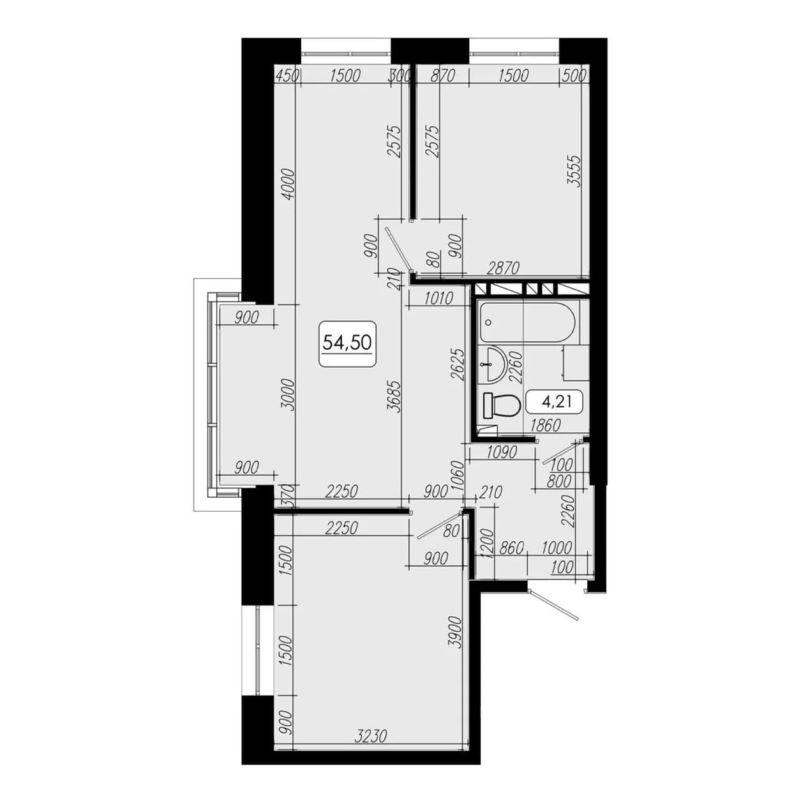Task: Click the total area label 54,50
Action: click(x=347, y=343)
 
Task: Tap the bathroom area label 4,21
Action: click(x=557, y=402)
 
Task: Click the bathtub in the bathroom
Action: click(x=528, y=322)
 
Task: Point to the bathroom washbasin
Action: click(x=492, y=364)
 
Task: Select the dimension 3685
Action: click(x=396, y=397)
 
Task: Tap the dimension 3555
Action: click(x=573, y=170)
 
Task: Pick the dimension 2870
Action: click(x=503, y=267)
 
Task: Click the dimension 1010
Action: click(x=438, y=299)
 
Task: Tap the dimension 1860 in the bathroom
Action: click(x=545, y=425)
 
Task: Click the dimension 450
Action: click(x=287, y=75)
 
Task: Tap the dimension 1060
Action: click(x=459, y=477)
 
